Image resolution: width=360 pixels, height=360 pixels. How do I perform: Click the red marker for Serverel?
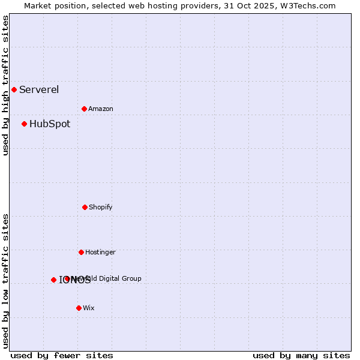[14, 90]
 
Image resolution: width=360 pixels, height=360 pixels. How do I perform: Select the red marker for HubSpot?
[24, 124]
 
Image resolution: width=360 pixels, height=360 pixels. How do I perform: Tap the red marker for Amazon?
[84, 109]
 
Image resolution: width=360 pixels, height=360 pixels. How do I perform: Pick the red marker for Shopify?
[85, 208]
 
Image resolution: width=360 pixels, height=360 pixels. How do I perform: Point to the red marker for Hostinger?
[81, 253]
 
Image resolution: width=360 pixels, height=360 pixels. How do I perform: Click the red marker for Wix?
[79, 308]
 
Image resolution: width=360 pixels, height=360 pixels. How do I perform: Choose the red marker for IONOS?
[53, 280]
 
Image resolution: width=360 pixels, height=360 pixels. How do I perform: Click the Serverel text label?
[39, 90]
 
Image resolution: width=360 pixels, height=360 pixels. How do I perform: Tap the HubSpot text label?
[50, 124]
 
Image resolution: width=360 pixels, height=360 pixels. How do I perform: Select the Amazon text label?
[101, 109]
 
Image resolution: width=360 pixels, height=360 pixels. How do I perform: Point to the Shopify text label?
[101, 208]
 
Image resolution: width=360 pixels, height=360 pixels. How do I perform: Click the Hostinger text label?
[100, 253]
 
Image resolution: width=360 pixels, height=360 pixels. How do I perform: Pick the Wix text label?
[89, 308]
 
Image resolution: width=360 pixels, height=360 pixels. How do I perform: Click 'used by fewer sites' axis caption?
[62, 355]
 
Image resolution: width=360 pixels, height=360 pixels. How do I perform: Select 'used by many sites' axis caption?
[301, 355]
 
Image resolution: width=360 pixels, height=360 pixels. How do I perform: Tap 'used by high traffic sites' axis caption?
[5, 85]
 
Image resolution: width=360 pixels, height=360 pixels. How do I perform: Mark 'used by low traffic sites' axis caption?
[5, 281]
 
